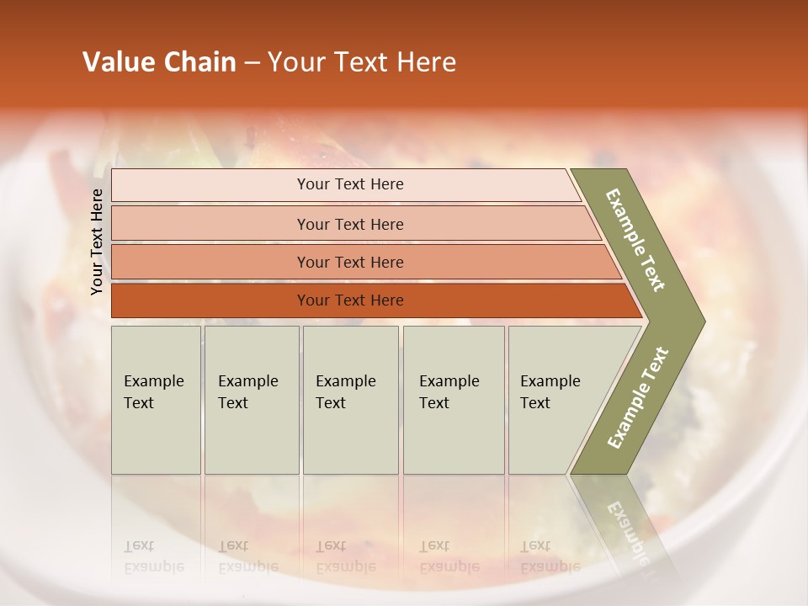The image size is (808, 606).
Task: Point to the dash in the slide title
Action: click(252, 63)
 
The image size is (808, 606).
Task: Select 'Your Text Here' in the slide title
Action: click(362, 62)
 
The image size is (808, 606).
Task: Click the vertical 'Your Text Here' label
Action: click(97, 242)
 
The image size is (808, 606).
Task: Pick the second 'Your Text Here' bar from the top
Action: click(350, 224)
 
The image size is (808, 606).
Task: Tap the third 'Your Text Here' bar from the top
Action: click(350, 262)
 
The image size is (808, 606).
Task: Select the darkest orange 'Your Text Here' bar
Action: click(350, 300)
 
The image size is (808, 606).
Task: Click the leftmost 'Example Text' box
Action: click(156, 400)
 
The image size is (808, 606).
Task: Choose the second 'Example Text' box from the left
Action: click(251, 400)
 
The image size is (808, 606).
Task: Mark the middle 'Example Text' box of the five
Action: click(350, 400)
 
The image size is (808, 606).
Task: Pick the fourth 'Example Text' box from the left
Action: click(453, 400)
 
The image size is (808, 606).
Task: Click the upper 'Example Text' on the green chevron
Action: click(636, 240)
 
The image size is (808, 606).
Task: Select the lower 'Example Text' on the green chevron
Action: click(638, 397)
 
